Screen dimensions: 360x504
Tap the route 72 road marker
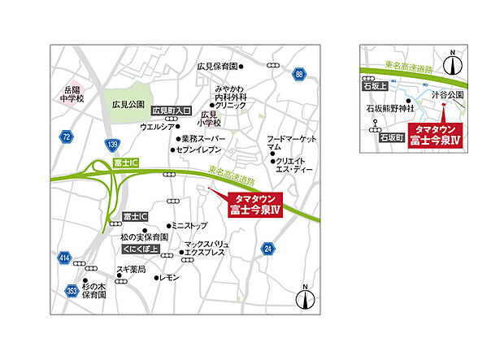66,136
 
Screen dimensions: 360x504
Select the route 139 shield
111,144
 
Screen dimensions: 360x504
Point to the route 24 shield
267,249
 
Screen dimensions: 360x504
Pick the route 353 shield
72,288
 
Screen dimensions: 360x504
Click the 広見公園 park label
128,104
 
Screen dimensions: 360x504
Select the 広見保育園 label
216,67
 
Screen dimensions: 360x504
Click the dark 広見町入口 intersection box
170,110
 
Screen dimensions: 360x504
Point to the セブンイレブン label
198,150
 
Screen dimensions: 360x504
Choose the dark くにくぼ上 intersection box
139,249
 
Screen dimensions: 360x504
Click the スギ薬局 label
130,269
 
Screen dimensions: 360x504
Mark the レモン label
168,277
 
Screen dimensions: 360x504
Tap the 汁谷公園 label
447,94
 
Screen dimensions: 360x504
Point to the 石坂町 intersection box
391,139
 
